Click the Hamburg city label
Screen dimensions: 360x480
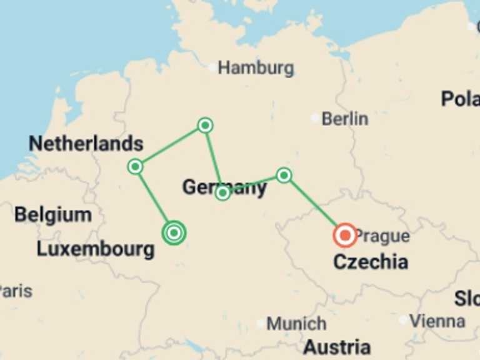tap(256, 67)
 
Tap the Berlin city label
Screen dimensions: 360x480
tap(344, 118)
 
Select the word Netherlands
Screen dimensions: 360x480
tap(86, 144)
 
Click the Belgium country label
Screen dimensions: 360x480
tap(53, 215)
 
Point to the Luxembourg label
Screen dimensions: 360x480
tap(95, 249)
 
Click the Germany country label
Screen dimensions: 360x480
tap(224, 187)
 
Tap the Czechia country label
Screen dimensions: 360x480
tap(371, 261)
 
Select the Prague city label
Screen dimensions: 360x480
tap(382, 236)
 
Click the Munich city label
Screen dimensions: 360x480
tap(296, 324)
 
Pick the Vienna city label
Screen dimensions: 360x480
tap(437, 321)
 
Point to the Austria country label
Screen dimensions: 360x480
tap(337, 347)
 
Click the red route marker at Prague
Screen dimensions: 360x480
tap(344, 235)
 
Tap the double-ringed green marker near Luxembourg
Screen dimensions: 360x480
tap(174, 233)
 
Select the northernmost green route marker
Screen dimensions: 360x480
tap(205, 126)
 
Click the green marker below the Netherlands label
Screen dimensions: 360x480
tap(135, 166)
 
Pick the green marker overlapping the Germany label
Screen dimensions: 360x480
tap(222, 193)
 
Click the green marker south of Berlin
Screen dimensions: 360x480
tap(284, 175)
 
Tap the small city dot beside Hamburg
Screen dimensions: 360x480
tap(212, 67)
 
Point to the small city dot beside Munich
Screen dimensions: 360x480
tap(261, 324)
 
